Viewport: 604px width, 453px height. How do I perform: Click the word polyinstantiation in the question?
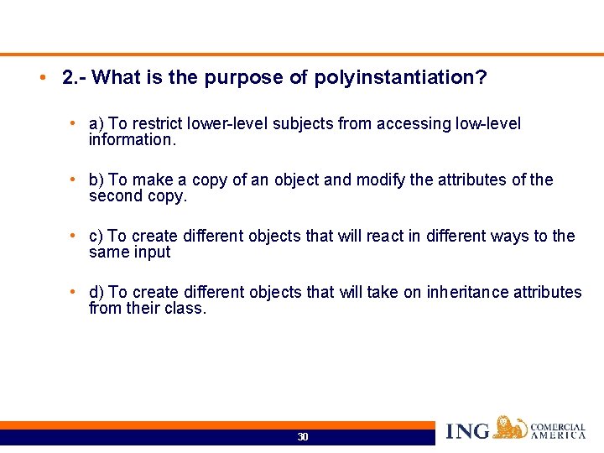(398, 78)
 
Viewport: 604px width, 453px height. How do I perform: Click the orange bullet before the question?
(41, 78)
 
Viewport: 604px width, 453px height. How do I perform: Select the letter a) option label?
(96, 124)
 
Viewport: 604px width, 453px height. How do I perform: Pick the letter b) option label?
(96, 180)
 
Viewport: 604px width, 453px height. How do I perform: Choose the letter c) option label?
(96, 237)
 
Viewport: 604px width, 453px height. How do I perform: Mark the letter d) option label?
(96, 292)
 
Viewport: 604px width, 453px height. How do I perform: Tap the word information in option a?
(129, 140)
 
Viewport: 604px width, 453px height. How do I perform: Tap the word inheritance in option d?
(466, 292)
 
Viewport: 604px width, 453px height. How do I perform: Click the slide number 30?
(303, 437)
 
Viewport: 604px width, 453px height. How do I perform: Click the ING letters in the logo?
(468, 431)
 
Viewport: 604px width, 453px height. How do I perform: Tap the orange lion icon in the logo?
(510, 427)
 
